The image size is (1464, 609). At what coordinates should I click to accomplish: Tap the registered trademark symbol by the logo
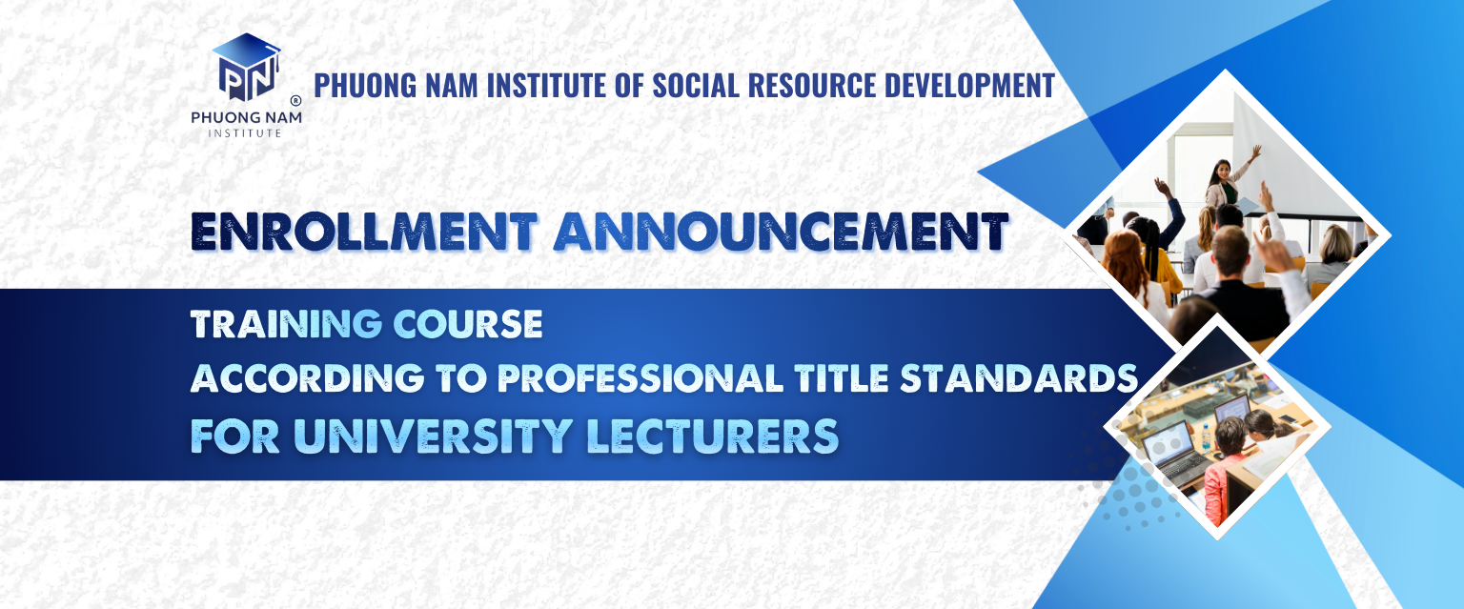pos(295,99)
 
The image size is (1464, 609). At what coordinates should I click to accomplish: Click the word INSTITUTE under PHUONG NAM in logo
pos(245,132)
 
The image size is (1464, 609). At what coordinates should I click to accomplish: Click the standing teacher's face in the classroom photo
pos(1221,173)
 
